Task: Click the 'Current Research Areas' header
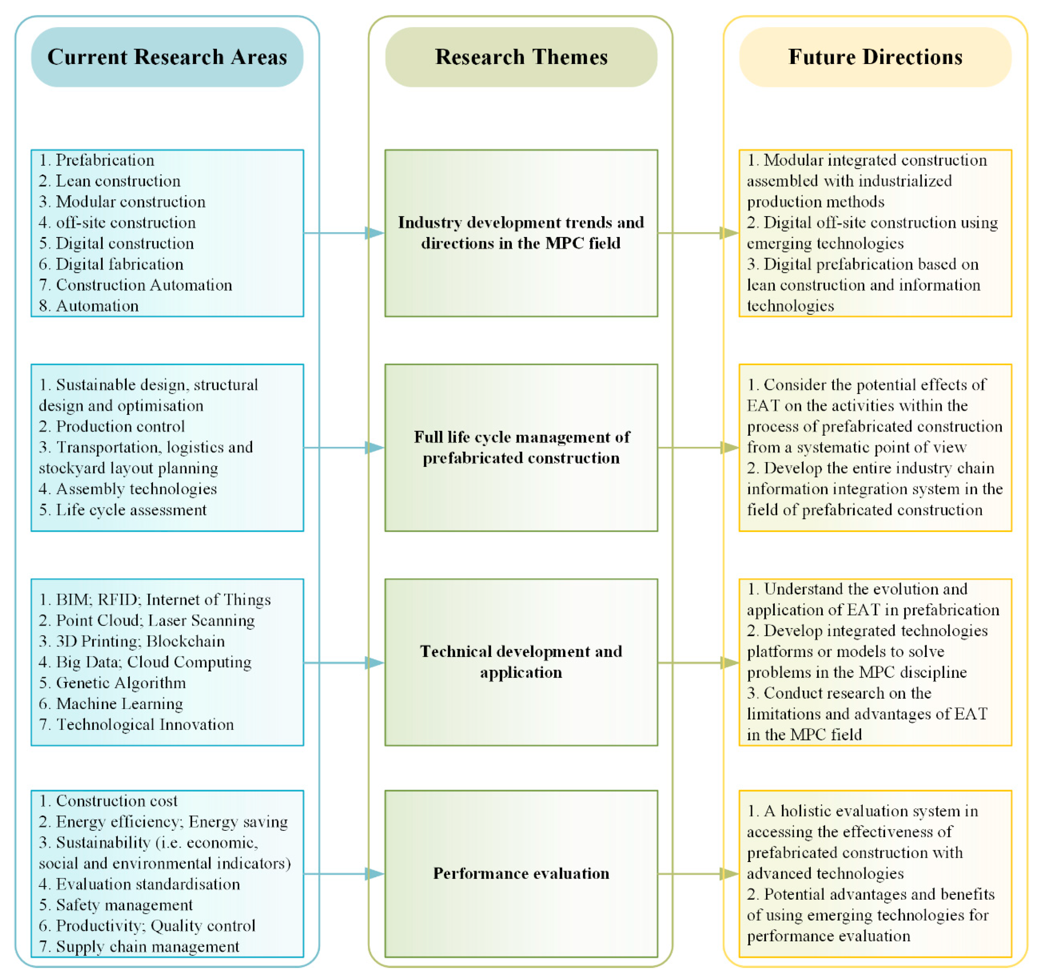tap(167, 57)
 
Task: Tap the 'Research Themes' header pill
tap(521, 57)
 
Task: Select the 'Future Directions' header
tap(875, 57)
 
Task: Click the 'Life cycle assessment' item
tap(131, 510)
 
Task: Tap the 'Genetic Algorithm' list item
tap(121, 683)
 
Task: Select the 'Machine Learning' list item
tap(119, 704)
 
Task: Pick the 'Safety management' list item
tap(124, 905)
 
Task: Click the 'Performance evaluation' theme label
tap(521, 874)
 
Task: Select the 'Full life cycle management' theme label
tap(521, 447)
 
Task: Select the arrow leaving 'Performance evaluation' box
tap(698, 874)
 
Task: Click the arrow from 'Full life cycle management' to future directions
tap(698, 448)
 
